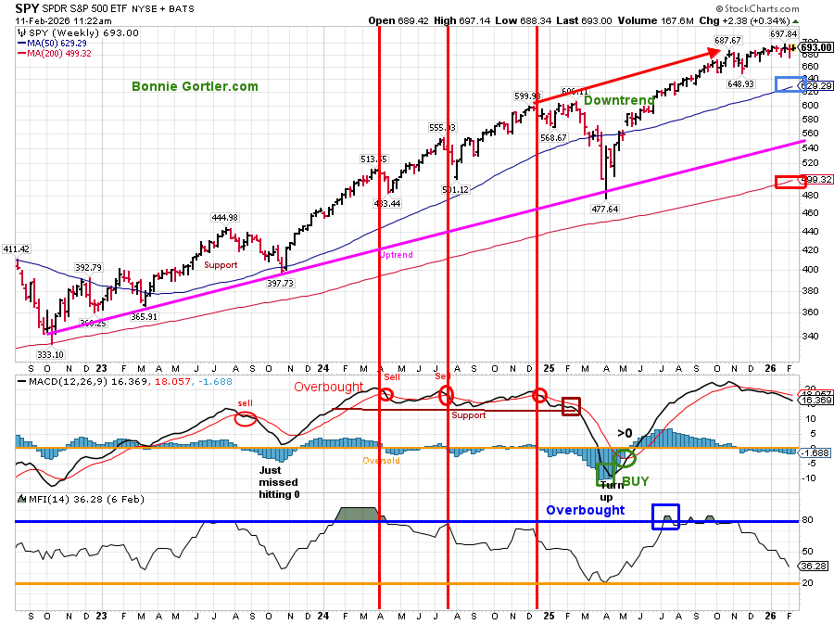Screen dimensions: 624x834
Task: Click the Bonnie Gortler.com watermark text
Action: pos(195,86)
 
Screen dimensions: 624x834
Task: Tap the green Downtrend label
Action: pos(619,100)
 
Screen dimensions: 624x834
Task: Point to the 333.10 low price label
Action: pos(49,354)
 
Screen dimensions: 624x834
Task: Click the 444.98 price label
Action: pos(225,218)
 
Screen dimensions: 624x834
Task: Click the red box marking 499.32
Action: pos(790,181)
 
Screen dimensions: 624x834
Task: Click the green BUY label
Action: pos(635,481)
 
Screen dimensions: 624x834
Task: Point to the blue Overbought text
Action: pos(585,510)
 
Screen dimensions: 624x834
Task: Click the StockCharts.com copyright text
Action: pos(779,9)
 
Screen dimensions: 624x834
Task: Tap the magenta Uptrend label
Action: pos(396,254)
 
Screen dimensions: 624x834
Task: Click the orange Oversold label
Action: pos(381,461)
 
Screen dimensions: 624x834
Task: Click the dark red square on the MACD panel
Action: pos(571,405)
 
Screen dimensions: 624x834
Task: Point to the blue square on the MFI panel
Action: pos(665,516)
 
